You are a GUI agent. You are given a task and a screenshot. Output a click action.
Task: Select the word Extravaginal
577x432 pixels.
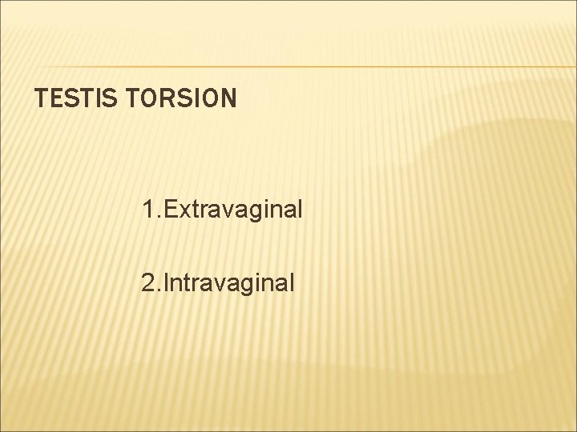pos(232,210)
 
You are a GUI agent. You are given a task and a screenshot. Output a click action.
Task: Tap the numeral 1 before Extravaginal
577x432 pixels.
pos(147,210)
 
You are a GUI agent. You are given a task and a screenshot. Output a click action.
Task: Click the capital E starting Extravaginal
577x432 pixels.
pos(170,210)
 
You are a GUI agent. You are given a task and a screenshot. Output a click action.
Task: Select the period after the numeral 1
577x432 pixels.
pos(158,218)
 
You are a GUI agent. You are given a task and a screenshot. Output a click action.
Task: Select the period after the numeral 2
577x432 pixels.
pos(158,290)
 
